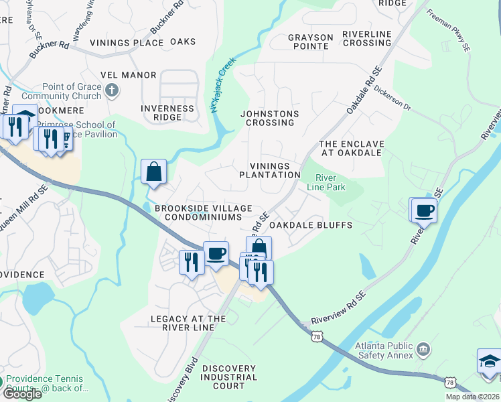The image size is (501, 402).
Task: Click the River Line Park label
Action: point(330,182)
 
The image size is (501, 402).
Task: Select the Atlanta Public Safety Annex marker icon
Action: point(423,349)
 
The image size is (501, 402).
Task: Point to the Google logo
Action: point(21,394)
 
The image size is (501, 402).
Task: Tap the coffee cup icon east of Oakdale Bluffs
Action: point(425,211)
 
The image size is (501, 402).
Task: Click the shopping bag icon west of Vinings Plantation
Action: point(154,172)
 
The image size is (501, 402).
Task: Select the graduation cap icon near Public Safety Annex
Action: point(489,362)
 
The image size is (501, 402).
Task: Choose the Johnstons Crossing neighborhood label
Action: point(270,118)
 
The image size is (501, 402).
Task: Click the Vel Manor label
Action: point(128,75)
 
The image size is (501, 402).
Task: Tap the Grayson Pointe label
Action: point(310,42)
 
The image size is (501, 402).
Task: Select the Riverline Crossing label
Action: point(366,38)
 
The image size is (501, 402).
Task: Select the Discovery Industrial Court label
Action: point(229,377)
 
